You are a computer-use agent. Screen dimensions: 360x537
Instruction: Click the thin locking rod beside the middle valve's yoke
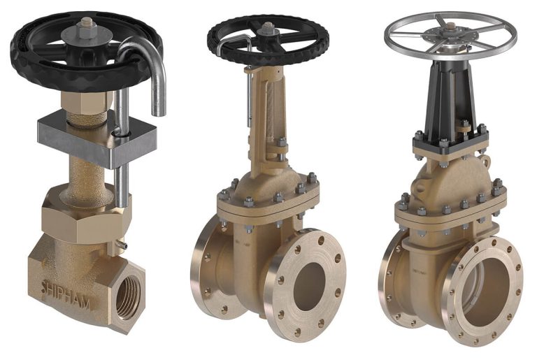249,98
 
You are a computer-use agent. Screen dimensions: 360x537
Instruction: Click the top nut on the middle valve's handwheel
266,26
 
